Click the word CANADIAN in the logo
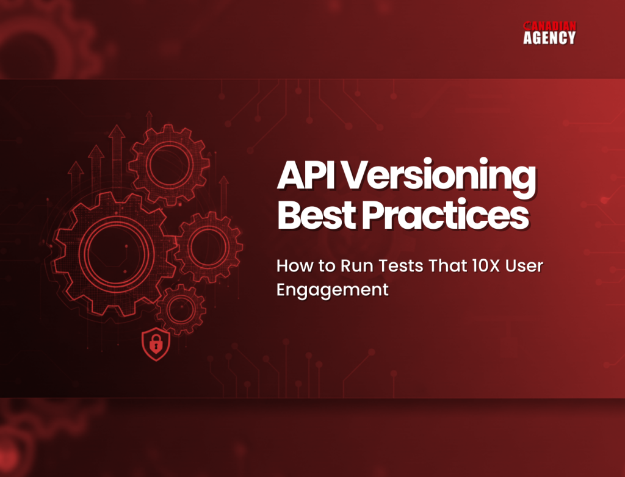coord(549,27)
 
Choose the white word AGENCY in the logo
coord(549,38)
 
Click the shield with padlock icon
coord(155,346)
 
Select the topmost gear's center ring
coord(169,164)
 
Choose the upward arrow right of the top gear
coord(223,183)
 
